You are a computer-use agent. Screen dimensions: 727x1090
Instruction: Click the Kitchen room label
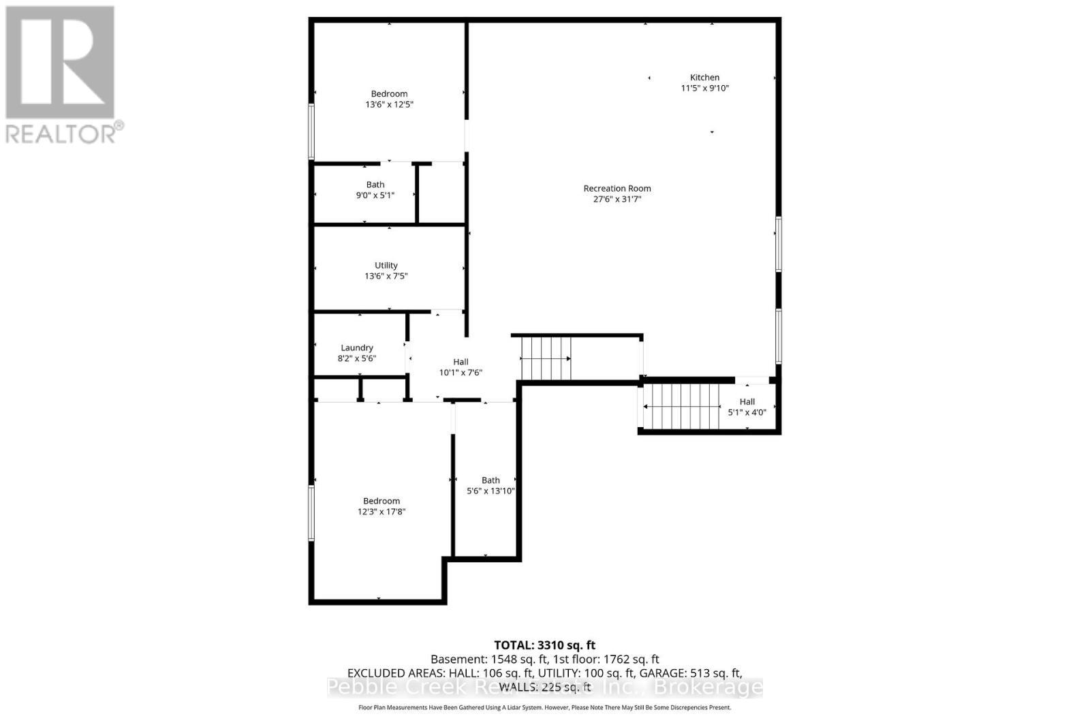tap(704, 78)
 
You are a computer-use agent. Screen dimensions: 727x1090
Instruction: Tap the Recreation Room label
tap(617, 189)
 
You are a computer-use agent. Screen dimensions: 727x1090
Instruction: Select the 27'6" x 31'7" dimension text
tap(617, 200)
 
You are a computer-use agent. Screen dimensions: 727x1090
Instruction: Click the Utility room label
tap(386, 266)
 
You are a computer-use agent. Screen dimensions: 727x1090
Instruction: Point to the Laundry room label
tap(357, 347)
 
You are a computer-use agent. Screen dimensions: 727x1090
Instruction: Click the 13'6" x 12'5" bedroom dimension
tap(390, 105)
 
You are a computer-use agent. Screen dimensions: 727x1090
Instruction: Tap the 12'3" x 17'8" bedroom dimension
tap(381, 512)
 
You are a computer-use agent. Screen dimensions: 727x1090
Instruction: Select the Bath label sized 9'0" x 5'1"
tap(375, 185)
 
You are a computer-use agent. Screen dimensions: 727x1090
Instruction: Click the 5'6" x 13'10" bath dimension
tap(490, 491)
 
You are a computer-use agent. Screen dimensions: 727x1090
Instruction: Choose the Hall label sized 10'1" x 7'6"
tap(461, 362)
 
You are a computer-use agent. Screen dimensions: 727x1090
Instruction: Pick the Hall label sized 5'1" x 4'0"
tap(747, 402)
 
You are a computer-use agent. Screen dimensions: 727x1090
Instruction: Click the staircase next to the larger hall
tap(546, 358)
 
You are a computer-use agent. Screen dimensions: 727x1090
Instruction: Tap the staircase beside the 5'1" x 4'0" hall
tap(681, 407)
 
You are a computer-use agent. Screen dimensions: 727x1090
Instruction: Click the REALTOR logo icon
tap(60, 63)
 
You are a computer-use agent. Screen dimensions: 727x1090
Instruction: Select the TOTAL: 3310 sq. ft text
tap(544, 645)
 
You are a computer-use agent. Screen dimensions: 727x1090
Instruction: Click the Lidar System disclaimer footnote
tap(544, 708)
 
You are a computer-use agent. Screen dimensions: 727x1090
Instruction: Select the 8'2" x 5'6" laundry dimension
tap(357, 358)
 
